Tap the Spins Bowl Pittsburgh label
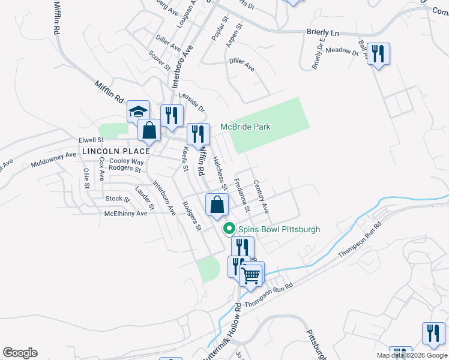tap(279, 229)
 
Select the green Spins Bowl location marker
tap(229, 229)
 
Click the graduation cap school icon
tap(138, 111)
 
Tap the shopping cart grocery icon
tap(252, 275)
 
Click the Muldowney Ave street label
tap(54, 159)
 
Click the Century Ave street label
tap(261, 197)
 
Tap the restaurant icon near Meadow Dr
tap(378, 55)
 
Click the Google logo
tap(20, 353)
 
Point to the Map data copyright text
tap(412, 355)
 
